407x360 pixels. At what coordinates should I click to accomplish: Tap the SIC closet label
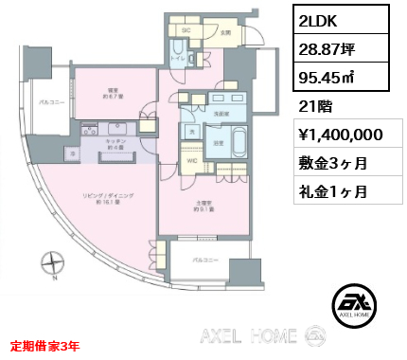pyautogui.click(x=186, y=29)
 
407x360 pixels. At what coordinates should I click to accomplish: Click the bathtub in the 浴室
pyautogui.click(x=237, y=146)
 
